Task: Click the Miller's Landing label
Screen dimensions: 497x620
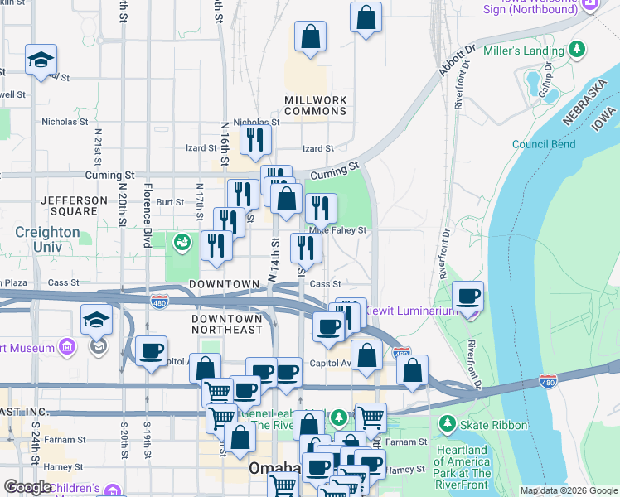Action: tap(535, 51)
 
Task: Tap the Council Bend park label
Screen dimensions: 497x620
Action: tap(543, 144)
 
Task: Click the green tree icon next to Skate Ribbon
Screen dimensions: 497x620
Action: tap(448, 425)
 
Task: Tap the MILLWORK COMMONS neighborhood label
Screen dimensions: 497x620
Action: tap(315, 105)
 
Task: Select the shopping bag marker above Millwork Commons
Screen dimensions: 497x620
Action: tap(310, 37)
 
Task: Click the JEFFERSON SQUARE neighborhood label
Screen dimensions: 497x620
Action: tap(74, 206)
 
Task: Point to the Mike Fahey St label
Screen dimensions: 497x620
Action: tap(339, 231)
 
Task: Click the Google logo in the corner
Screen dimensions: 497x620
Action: tap(27, 487)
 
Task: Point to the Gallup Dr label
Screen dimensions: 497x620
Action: tap(547, 80)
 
